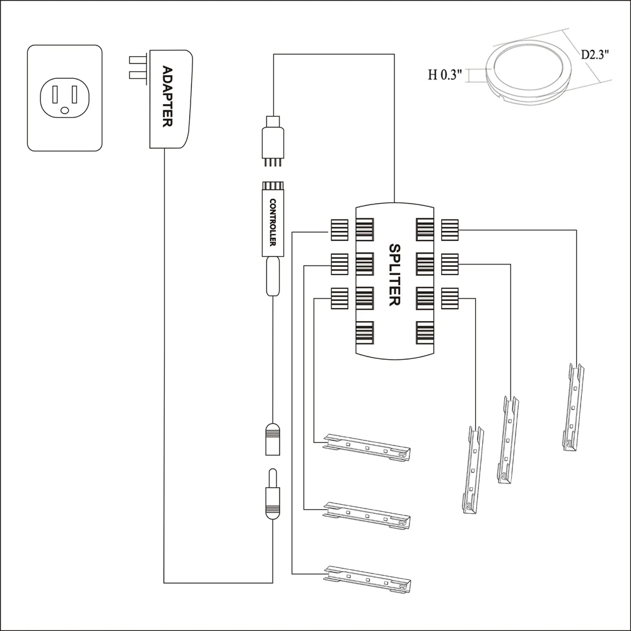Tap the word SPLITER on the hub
[394, 275]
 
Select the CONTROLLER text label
[273, 224]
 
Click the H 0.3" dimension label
[445, 74]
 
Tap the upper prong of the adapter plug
[137, 60]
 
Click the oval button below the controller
[273, 276]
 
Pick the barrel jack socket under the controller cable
[273, 439]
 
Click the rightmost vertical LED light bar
[573, 407]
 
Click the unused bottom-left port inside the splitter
[365, 331]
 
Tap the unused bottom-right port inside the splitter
[424, 331]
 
